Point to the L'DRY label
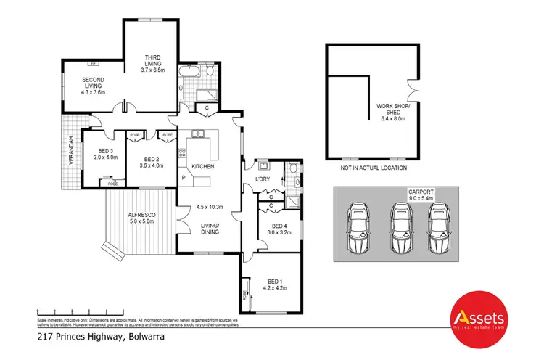click(x=263, y=179)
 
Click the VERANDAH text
click(x=71, y=151)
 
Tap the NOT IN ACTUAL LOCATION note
click(x=373, y=168)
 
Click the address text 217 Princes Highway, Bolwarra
click(x=103, y=337)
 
